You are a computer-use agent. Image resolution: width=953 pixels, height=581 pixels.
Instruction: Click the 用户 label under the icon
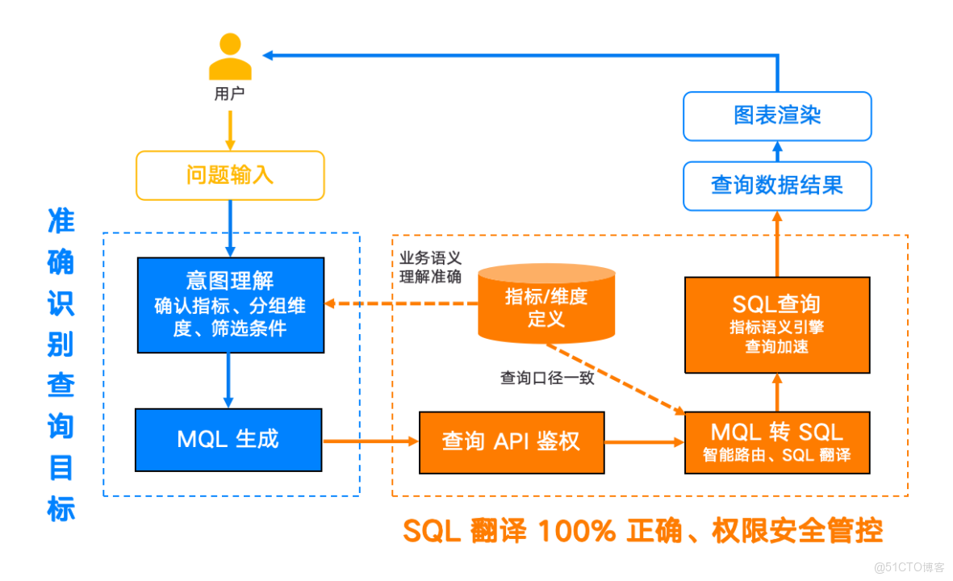tap(229, 94)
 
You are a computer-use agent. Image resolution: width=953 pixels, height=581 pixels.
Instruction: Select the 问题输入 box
tap(229, 175)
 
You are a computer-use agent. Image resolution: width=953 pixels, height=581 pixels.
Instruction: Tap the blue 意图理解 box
tap(230, 304)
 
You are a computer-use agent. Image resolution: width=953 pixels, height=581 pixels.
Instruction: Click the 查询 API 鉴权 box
tap(511, 441)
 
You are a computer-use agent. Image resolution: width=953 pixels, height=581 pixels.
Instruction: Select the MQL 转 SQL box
tap(776, 441)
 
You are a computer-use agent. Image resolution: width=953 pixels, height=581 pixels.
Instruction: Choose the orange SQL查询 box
tap(776, 324)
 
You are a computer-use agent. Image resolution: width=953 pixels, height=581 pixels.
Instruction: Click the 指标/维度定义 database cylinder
tap(545, 306)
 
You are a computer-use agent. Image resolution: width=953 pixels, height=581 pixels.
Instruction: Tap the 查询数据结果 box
tap(776, 186)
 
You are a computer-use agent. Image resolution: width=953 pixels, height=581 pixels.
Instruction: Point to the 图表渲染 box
tap(776, 115)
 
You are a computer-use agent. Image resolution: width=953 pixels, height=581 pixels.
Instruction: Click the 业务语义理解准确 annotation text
tap(431, 267)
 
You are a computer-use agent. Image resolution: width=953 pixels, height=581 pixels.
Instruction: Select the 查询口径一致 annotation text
tap(546, 377)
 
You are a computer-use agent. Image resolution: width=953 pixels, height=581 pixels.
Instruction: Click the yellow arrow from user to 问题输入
tap(229, 129)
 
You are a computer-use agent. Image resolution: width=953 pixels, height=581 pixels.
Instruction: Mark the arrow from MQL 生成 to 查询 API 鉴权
tap(370, 441)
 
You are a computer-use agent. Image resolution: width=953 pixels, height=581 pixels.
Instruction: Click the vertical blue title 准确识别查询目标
tap(61, 363)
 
